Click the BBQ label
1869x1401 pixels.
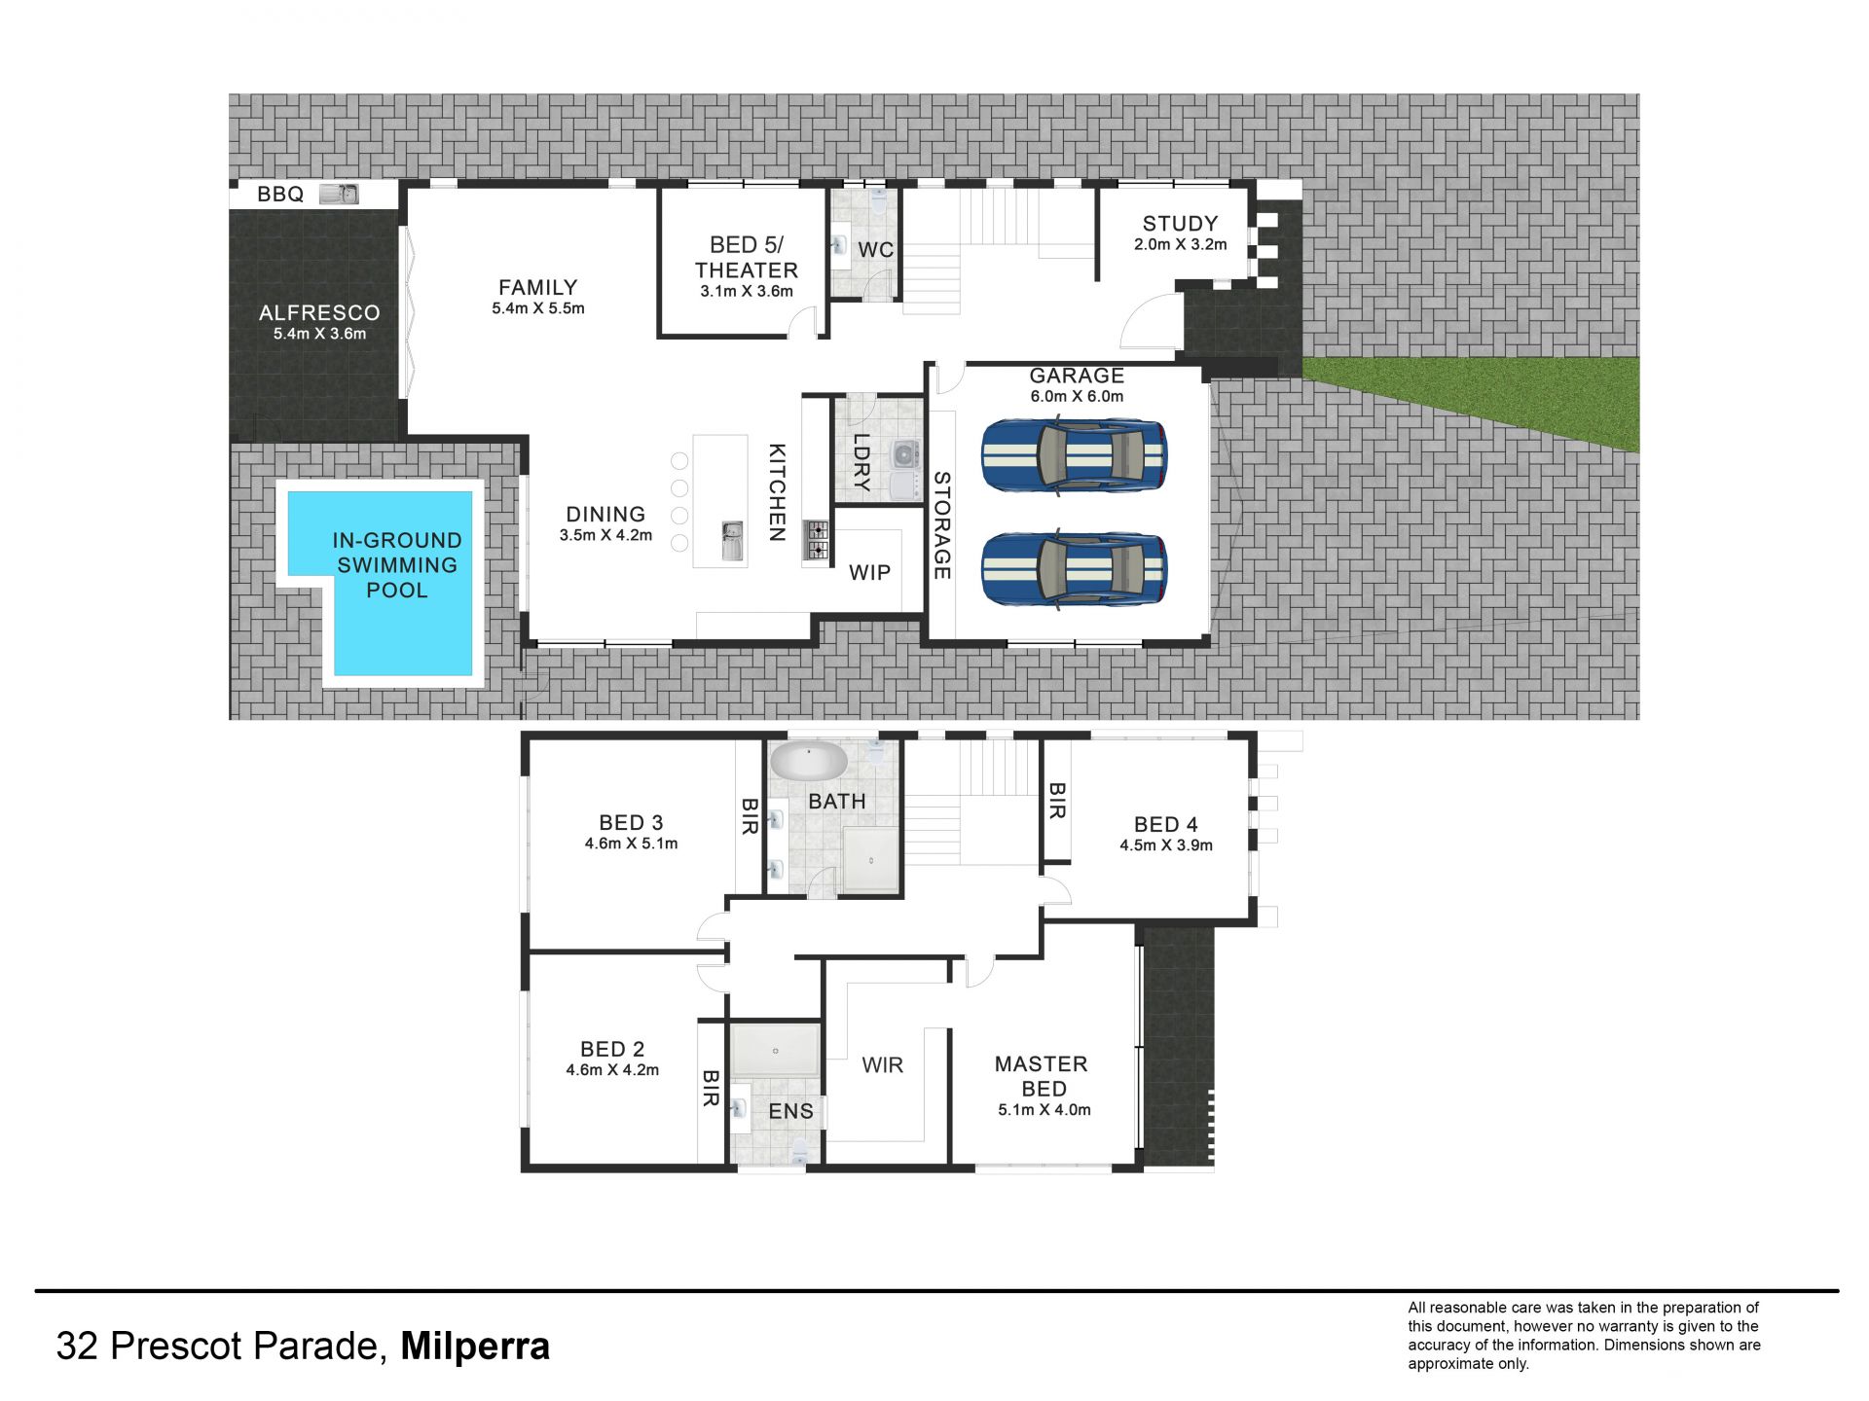click(280, 195)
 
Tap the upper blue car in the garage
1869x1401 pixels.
click(1074, 456)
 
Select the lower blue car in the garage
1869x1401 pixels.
click(1074, 570)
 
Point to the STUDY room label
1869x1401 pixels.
click(1180, 224)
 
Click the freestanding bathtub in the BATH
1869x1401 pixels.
click(809, 761)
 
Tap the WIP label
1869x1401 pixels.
click(869, 573)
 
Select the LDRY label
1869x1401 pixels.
click(861, 461)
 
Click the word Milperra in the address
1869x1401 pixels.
click(475, 1347)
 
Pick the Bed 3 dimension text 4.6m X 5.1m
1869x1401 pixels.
click(631, 844)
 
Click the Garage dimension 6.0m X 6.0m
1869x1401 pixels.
click(1077, 397)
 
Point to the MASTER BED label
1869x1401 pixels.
click(1042, 1076)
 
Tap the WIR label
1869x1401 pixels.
click(882, 1065)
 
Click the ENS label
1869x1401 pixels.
click(790, 1111)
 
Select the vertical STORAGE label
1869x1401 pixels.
click(941, 525)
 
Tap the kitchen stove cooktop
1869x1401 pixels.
click(816, 541)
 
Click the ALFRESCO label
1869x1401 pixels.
click(319, 313)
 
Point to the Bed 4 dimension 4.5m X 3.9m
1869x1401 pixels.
click(1166, 845)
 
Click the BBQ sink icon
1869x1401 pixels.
click(339, 194)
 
